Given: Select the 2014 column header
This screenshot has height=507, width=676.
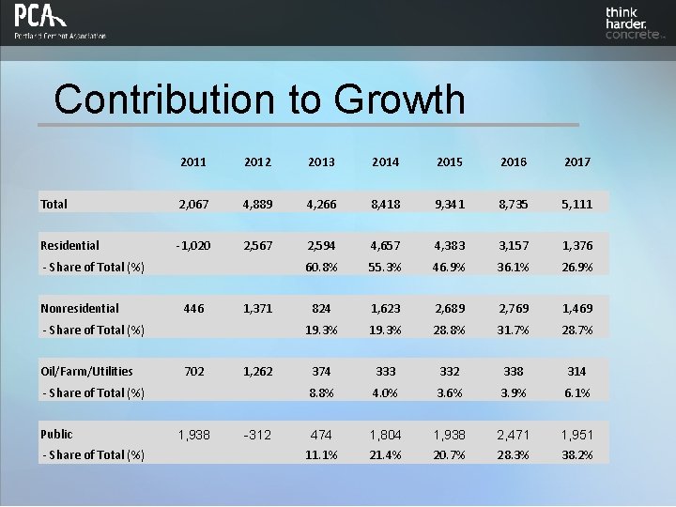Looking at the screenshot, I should (386, 162).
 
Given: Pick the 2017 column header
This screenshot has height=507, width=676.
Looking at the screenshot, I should (577, 162).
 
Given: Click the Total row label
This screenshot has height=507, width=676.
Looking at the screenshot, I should (54, 203).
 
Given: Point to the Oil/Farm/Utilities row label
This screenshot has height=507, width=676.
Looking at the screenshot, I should (86, 372).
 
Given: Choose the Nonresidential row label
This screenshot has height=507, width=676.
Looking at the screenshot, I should (80, 308).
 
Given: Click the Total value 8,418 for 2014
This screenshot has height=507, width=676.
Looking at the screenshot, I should (386, 204).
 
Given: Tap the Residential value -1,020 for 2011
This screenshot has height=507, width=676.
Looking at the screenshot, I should (192, 246).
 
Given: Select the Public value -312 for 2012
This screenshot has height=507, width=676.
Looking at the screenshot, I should (257, 435).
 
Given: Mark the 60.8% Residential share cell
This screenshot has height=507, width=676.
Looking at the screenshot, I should (322, 267).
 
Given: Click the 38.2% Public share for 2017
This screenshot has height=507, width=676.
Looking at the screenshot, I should (577, 455).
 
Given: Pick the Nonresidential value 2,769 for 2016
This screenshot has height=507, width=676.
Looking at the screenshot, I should (514, 309).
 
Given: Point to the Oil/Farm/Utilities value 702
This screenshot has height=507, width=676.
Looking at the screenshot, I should (192, 372).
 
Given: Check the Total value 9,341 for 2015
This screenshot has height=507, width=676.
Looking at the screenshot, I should (450, 204).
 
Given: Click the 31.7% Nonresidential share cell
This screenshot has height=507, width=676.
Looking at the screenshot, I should (514, 330).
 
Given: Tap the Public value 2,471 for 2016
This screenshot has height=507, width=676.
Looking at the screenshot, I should (514, 435).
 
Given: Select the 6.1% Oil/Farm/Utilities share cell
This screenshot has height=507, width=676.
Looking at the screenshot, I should (577, 392).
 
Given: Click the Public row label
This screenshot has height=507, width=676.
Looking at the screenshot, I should (57, 434).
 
